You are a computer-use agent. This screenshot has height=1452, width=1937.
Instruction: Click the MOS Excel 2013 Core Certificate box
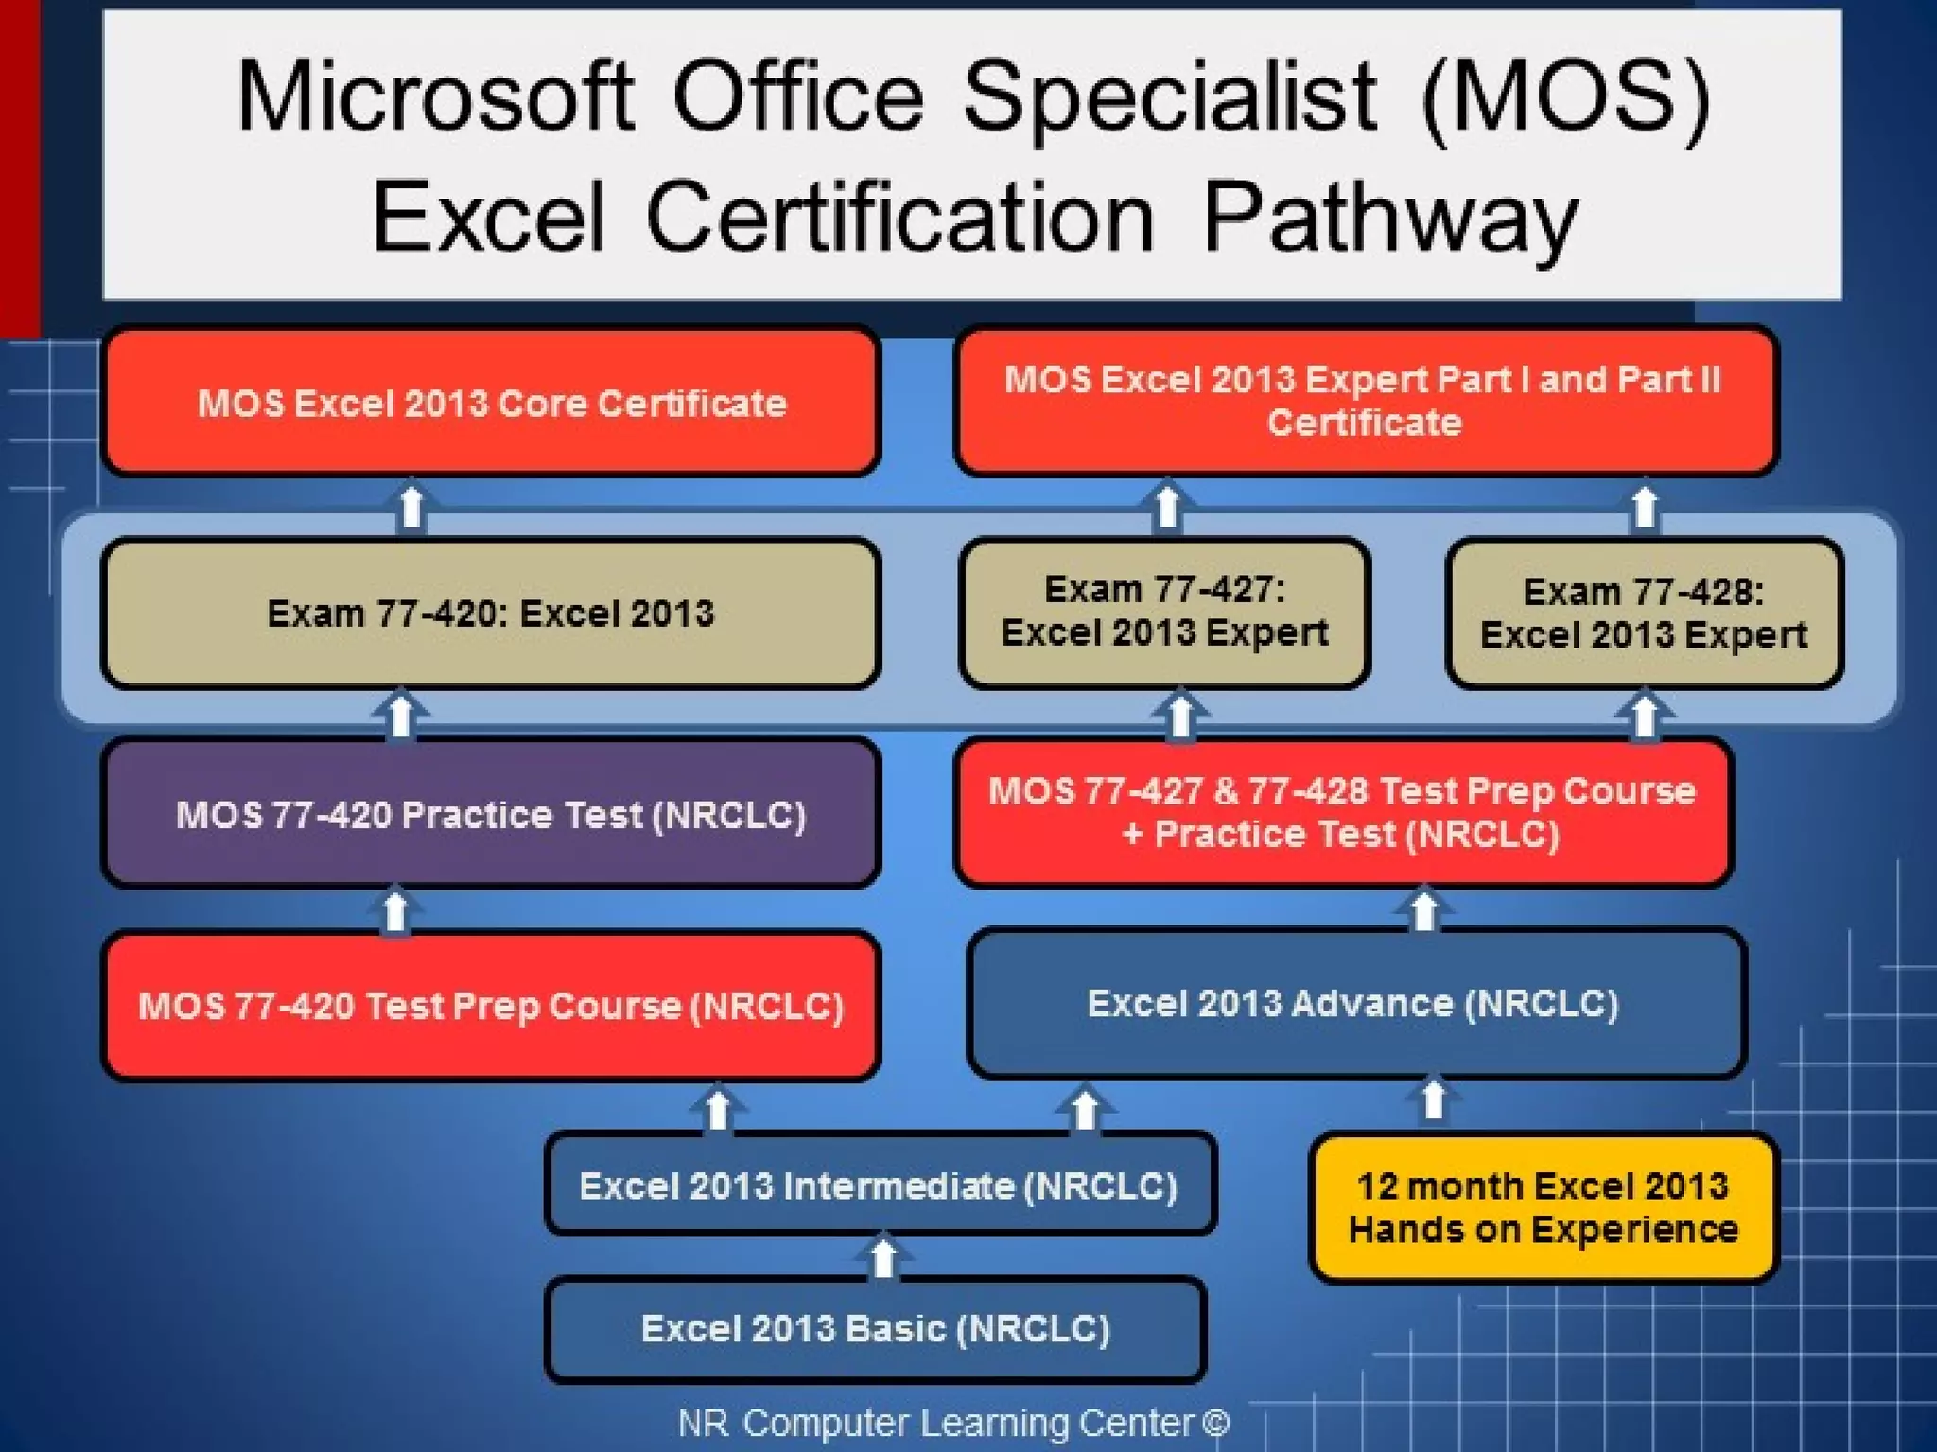coord(491,403)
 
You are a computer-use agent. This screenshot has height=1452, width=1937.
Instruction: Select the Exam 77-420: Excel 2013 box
coord(491,614)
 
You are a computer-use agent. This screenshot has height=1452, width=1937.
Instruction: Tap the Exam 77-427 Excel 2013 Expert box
coord(1164,612)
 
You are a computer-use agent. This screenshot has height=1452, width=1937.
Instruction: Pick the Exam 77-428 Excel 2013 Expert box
coord(1644,614)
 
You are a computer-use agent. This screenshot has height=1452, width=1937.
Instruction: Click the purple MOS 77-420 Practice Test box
coord(491,814)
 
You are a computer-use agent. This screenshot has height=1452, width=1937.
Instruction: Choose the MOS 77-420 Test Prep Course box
coord(491,1006)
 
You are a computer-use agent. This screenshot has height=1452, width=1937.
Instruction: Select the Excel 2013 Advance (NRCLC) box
coord(1355,1003)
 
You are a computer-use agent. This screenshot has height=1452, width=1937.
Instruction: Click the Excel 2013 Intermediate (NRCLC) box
coord(880,1185)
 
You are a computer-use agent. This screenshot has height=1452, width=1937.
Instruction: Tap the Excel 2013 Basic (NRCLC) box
coord(876,1329)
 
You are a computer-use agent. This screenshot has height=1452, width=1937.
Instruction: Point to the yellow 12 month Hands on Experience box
coord(1544,1208)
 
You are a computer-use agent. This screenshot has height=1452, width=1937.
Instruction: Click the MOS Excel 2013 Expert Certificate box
coord(1365,401)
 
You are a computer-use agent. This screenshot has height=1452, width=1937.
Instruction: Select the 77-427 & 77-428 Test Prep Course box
coord(1343,812)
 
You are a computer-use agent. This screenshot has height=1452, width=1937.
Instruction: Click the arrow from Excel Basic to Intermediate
coord(883,1256)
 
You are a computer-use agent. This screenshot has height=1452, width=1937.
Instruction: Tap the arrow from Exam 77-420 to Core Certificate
coord(411,507)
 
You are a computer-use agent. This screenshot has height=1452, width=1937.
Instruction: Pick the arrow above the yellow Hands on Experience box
coord(1434,1099)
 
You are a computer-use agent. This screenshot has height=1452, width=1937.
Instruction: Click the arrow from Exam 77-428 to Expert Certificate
coord(1645,507)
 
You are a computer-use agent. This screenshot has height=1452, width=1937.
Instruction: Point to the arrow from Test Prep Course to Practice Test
coord(395,910)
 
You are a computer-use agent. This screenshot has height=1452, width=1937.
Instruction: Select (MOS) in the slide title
coord(1565,97)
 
